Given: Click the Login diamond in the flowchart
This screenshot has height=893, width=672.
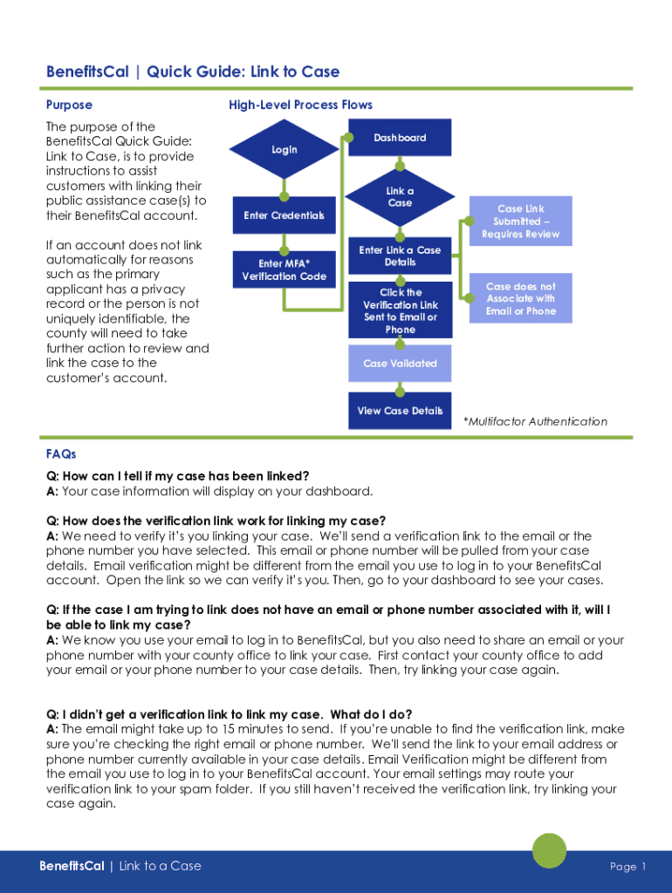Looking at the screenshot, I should pos(285,150).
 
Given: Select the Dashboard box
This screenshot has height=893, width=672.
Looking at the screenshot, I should pos(400,138).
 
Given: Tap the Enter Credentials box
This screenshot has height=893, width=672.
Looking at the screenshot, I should pos(284,215).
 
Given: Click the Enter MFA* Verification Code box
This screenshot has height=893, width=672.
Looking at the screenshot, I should pos(284,270).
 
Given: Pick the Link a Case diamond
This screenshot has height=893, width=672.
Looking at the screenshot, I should pos(400,197).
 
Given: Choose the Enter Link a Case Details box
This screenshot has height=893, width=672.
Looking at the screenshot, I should pos(400,256).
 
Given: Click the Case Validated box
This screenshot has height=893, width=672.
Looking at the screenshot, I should pos(400,364).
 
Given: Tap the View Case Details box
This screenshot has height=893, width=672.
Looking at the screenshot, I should pos(400,411).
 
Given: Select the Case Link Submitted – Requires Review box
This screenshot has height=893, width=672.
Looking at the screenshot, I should pos(520,222).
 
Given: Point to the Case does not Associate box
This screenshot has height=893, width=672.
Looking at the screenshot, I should pos(520,299).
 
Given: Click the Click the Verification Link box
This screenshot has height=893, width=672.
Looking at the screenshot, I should pos(400,310).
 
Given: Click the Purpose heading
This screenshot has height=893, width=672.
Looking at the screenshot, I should pos(69,105).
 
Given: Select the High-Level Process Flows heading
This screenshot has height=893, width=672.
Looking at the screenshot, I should pos(300,105).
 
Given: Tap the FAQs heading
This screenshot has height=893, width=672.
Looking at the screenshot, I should pos(61,454).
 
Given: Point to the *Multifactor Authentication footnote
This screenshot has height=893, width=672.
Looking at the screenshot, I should pos(535,421).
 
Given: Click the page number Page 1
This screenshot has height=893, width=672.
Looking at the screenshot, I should pos(627,866).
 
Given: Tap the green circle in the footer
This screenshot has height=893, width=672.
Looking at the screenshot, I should pos(549,850).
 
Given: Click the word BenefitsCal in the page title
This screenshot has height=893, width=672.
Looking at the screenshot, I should pos(87,72).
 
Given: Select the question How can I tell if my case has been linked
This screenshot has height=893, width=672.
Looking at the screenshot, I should pos(177,476).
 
